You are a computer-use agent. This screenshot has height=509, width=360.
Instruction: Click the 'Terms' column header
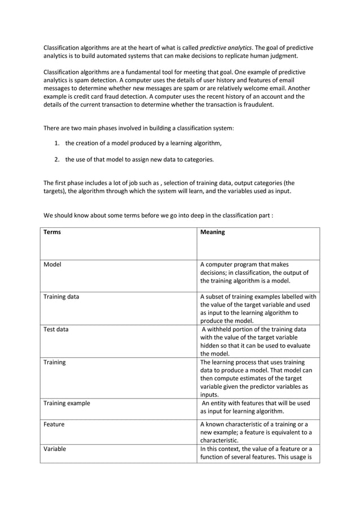pyautogui.click(x=52, y=232)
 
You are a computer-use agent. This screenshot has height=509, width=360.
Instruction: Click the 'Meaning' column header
pyautogui.click(x=213, y=232)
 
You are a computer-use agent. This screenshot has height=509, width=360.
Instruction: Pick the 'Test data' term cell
pyautogui.click(x=56, y=330)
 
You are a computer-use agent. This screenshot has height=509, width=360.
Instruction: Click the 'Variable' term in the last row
pyautogui.click(x=55, y=449)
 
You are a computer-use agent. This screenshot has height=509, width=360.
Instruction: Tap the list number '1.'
pyautogui.click(x=58, y=143)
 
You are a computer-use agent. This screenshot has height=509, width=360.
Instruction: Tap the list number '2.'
pyautogui.click(x=58, y=159)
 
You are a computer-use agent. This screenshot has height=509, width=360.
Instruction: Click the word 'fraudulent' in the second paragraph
pyautogui.click(x=257, y=104)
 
